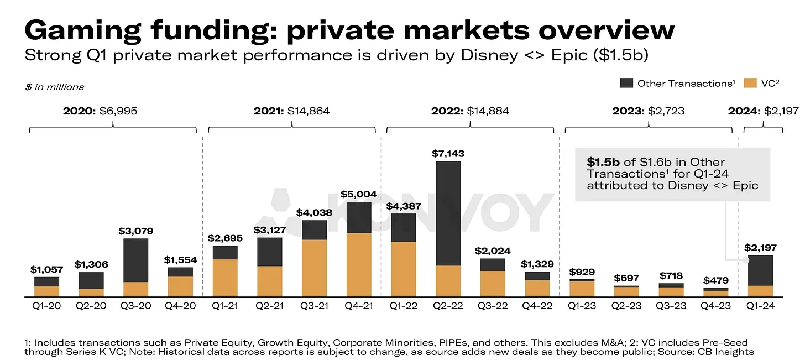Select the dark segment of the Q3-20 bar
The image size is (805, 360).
(x=135, y=260)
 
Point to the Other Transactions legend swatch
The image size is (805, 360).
(x=626, y=84)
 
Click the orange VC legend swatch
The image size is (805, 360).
(x=750, y=84)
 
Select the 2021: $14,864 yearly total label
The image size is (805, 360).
(x=291, y=111)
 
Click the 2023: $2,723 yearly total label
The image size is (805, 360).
(x=648, y=111)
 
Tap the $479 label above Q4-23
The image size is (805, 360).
(x=716, y=280)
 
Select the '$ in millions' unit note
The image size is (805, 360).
(x=55, y=87)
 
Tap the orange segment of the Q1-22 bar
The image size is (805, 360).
(x=403, y=269)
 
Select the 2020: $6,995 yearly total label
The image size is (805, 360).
(x=100, y=111)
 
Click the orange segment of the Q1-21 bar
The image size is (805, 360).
(x=225, y=278)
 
